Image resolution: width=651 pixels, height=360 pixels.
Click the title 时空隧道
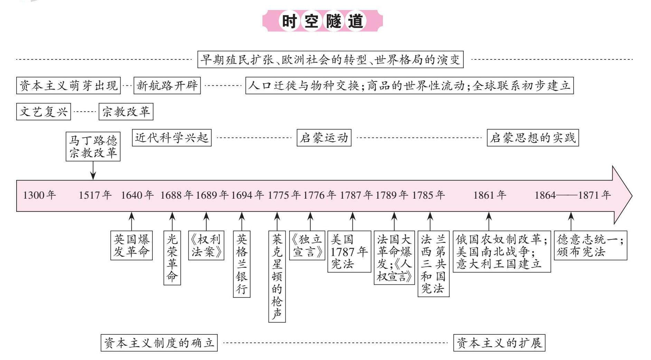(323, 21)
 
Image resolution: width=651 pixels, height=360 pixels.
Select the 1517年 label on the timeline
(95, 195)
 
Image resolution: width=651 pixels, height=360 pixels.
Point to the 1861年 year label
(490, 195)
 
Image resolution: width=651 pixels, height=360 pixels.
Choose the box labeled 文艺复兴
(44, 112)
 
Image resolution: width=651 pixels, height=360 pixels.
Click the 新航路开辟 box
(167, 85)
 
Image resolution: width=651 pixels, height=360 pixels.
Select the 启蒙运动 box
(324, 138)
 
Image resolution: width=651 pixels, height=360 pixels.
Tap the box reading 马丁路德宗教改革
(93, 146)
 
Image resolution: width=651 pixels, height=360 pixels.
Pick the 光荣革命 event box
(172, 258)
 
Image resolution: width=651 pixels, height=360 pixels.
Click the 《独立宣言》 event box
(307, 245)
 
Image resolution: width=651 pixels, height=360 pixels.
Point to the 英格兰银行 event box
(242, 264)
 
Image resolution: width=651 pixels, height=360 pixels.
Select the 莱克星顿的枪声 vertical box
(277, 276)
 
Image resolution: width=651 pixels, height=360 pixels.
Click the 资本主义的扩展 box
(499, 343)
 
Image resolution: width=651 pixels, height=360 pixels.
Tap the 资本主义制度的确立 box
(159, 343)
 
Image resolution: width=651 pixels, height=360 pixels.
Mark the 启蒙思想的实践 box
(532, 138)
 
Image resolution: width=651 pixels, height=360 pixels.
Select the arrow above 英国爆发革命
(131, 221)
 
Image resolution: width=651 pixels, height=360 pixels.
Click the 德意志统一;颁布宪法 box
(590, 245)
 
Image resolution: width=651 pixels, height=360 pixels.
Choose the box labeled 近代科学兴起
(171, 138)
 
